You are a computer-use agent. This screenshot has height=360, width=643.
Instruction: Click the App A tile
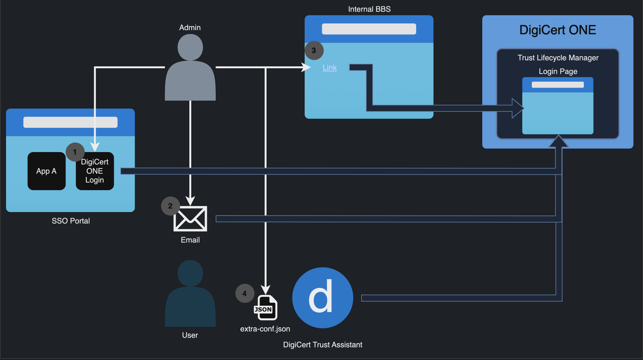pyautogui.click(x=46, y=171)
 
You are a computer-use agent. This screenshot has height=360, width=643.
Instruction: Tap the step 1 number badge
pyautogui.click(x=75, y=152)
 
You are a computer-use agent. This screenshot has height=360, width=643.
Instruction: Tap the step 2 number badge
pyautogui.click(x=170, y=206)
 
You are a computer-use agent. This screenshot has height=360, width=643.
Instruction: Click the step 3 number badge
pyautogui.click(x=314, y=50)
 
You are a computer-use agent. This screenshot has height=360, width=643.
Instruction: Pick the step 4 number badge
pyautogui.click(x=245, y=293)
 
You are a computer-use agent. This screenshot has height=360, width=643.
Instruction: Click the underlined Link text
pyautogui.click(x=329, y=68)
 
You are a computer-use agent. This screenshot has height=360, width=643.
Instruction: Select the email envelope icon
pyautogui.click(x=190, y=219)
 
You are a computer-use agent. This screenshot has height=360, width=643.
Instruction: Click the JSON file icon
pyautogui.click(x=266, y=308)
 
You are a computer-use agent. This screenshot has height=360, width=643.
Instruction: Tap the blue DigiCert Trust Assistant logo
pyautogui.click(x=322, y=298)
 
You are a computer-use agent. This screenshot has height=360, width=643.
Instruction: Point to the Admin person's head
pyautogui.click(x=190, y=47)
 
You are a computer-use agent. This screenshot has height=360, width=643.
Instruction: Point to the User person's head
pyautogui.click(x=190, y=273)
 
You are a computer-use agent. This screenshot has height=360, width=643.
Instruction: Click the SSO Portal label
pyautogui.click(x=71, y=221)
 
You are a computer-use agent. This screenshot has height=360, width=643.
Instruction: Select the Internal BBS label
pyautogui.click(x=369, y=9)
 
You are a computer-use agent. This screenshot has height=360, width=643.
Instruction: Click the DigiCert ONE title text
pyautogui.click(x=558, y=30)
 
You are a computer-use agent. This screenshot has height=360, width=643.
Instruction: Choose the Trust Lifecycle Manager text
pyautogui.click(x=558, y=58)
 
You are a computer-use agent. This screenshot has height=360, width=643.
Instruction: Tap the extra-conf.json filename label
pyautogui.click(x=265, y=329)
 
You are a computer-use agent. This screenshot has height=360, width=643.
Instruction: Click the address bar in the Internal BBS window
pyautogui.click(x=369, y=29)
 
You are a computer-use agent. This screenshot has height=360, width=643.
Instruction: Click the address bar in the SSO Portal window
pyautogui.click(x=70, y=122)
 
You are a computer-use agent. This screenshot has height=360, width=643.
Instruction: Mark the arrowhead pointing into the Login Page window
pyautogui.click(x=518, y=108)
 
